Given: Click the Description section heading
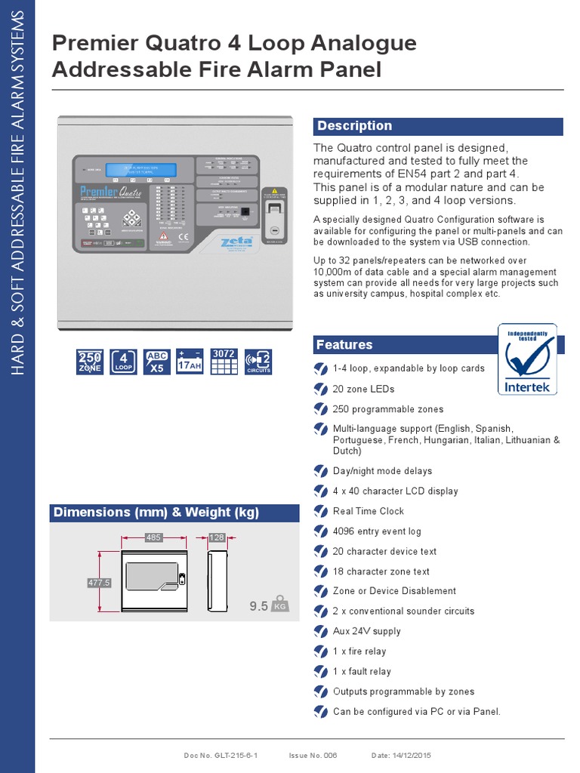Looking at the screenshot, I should click(x=354, y=126).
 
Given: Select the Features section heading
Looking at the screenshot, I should click(x=344, y=345).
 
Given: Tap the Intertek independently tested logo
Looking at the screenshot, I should click(x=528, y=359).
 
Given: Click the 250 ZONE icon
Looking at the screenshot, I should click(x=90, y=362).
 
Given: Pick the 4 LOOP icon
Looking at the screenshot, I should click(x=123, y=362).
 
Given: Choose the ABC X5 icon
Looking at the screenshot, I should click(x=156, y=362).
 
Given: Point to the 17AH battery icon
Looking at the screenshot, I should click(x=190, y=362).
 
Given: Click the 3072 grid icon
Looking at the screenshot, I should click(x=224, y=362).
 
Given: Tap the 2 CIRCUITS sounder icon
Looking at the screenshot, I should click(x=258, y=362).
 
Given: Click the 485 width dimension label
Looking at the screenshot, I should click(x=154, y=537).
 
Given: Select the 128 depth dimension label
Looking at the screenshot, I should click(x=216, y=537).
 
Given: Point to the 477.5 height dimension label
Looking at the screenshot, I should click(x=100, y=583).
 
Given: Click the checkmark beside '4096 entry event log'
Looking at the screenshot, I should click(x=321, y=531).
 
